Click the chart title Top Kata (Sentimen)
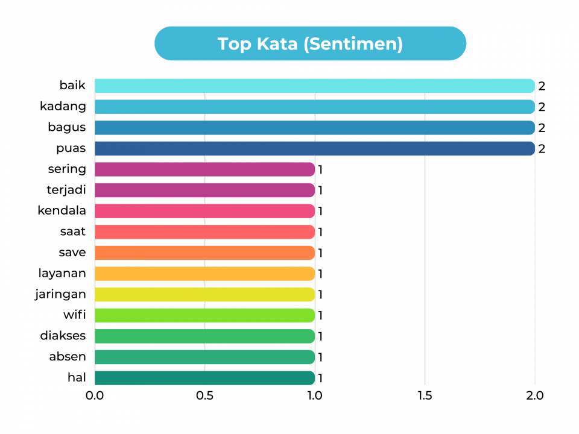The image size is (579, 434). (x=310, y=44)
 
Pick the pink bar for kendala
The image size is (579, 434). (x=204, y=211)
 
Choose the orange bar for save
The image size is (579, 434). (x=204, y=253)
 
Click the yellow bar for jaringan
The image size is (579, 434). (x=204, y=294)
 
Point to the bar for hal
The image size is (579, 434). (x=204, y=378)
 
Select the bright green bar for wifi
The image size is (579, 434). (x=204, y=315)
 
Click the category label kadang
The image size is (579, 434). (x=63, y=107)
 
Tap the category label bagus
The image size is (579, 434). (x=66, y=127)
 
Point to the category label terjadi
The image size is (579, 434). (x=66, y=190)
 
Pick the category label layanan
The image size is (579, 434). (x=62, y=274)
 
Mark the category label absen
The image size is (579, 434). (x=68, y=357)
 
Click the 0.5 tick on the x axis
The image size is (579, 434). (x=205, y=396)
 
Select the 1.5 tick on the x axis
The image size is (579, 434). (x=425, y=396)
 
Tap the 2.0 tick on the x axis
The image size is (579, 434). (x=534, y=396)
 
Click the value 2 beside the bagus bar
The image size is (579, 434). (x=542, y=128)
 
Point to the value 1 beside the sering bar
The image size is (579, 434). (x=321, y=169)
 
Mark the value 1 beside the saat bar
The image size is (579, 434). (x=321, y=232)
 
